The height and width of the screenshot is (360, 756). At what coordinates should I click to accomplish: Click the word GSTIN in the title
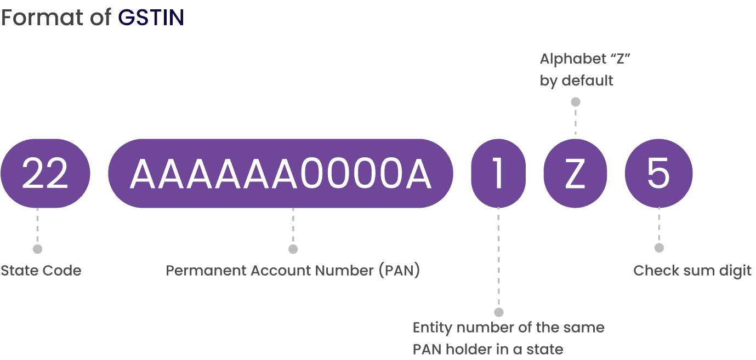[x=151, y=18]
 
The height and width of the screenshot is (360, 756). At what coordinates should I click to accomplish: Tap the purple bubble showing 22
[x=45, y=174]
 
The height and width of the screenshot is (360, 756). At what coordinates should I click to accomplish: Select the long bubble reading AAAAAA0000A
[x=281, y=174]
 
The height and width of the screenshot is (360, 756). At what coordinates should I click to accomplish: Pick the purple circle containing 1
[x=498, y=174]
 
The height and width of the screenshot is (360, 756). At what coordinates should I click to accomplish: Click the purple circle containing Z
[x=575, y=174]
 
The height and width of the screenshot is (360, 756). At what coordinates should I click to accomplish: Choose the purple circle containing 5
[x=658, y=174]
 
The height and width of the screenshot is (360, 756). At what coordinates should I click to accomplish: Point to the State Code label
[x=41, y=271]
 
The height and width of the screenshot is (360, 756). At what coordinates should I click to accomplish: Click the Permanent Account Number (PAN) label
[x=293, y=271]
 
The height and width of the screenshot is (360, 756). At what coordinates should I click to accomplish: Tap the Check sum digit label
[x=692, y=271]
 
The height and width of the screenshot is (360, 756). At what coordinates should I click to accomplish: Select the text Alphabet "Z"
[x=583, y=59]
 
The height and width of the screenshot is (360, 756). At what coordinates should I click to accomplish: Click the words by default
[x=576, y=81]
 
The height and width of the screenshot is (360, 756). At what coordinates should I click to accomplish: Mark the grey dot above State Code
[x=37, y=249]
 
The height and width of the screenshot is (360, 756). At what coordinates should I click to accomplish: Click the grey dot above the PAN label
[x=293, y=249]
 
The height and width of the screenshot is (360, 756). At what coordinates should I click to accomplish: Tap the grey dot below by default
[x=576, y=102]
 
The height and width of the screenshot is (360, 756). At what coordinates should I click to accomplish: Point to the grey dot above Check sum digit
[x=659, y=248]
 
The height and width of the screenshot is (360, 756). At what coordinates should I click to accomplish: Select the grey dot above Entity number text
[x=498, y=312]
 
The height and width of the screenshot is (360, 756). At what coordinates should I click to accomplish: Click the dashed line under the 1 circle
[x=498, y=258]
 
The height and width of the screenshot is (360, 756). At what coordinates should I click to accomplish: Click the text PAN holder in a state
[x=488, y=349]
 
